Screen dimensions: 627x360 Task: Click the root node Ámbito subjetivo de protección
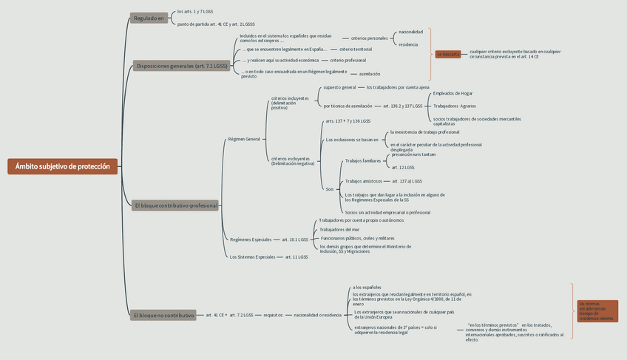(62, 166)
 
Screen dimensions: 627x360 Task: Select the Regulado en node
(149, 18)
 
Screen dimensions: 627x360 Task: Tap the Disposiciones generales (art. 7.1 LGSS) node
(181, 66)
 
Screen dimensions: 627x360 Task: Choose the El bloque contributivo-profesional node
(176, 206)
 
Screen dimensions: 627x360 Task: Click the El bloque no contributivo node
(163, 315)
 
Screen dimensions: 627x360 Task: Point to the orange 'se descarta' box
(448, 54)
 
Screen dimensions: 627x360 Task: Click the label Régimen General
(244, 139)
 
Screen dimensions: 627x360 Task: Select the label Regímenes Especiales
(251, 240)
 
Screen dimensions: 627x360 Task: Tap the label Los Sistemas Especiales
(252, 257)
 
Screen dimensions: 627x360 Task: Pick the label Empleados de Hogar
(453, 93)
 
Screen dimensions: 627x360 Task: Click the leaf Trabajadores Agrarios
(454, 106)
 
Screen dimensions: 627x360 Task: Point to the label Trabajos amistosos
(363, 180)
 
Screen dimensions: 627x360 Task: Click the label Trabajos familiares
(362, 160)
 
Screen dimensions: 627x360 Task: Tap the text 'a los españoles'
(367, 287)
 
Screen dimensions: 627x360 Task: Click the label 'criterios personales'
(369, 38)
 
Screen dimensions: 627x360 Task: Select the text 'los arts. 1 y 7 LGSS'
(195, 12)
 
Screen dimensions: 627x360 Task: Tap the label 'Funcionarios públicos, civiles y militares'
(357, 238)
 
